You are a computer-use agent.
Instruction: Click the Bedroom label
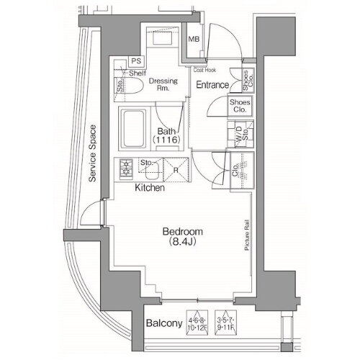[x=182, y=232]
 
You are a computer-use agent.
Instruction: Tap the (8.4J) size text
[x=182, y=243]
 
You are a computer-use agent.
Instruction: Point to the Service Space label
[x=92, y=156]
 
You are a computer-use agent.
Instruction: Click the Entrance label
[x=212, y=85]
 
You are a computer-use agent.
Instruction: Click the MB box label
[x=194, y=40]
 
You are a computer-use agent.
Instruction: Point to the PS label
[x=135, y=60]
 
